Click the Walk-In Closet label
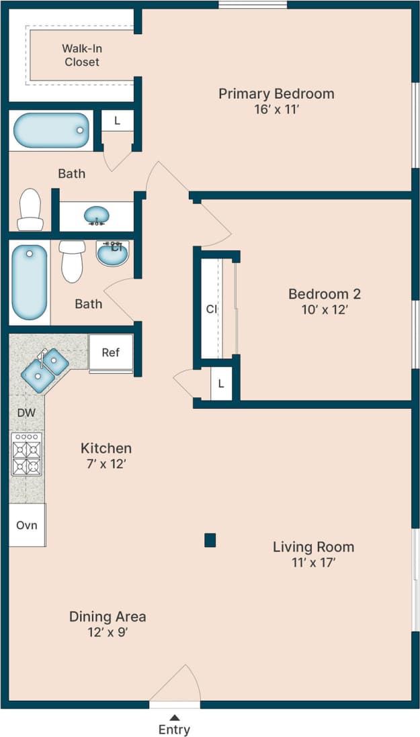point(81,55)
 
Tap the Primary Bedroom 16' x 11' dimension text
point(276,109)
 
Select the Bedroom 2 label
point(325,294)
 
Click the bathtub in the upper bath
point(52,130)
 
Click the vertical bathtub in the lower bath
point(30,283)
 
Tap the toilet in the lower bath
point(72,260)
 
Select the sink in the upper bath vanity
point(98,215)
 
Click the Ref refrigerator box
point(111,352)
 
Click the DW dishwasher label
point(26,412)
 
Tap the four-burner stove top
point(27,454)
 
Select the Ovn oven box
point(27,524)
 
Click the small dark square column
point(210,540)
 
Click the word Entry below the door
point(174,730)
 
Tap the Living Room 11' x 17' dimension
point(313,562)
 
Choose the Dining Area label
point(108,616)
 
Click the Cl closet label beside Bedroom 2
point(212,309)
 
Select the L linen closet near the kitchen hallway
point(221,385)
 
